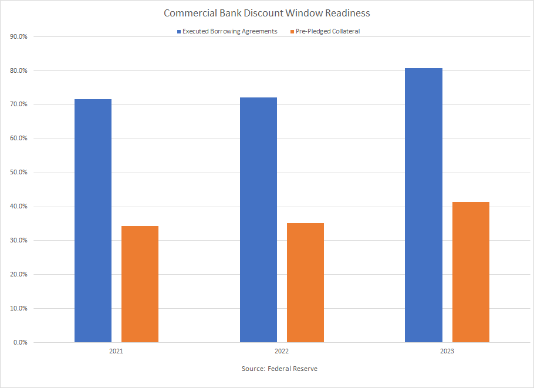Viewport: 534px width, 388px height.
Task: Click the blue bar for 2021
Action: [x=93, y=221]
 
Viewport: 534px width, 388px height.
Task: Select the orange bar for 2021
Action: [x=140, y=284]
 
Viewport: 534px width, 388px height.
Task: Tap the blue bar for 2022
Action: [x=258, y=220]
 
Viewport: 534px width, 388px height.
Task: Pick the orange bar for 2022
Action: [x=305, y=282]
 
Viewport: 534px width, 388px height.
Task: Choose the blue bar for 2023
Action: [x=424, y=205]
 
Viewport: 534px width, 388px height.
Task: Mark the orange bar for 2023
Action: [x=471, y=272]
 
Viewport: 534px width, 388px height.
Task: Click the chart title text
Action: [x=266, y=13]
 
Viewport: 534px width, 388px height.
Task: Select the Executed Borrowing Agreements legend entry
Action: [x=229, y=31]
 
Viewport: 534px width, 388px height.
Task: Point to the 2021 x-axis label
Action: [x=116, y=352]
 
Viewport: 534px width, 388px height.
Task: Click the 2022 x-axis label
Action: [x=282, y=352]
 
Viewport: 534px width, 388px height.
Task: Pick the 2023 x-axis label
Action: [x=447, y=352]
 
